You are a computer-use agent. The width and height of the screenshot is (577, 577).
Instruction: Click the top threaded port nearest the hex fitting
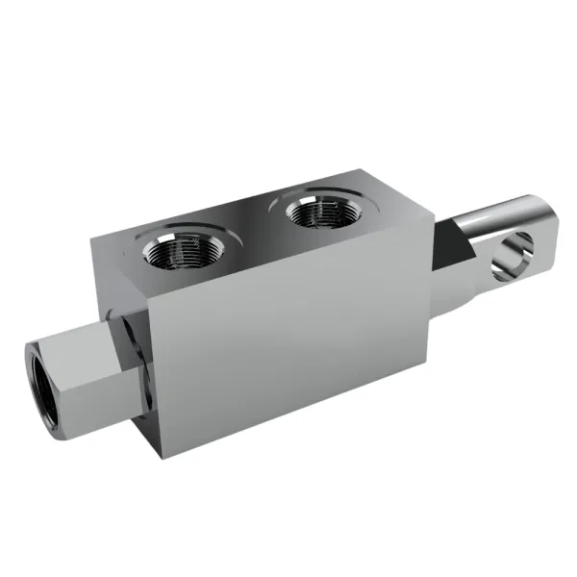pos(180,252)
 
